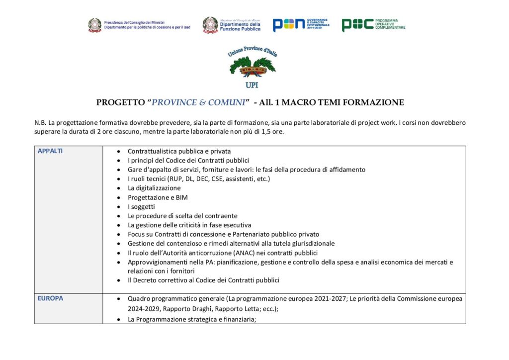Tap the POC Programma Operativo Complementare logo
pos(373,24)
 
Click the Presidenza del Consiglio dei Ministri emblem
pos(95,25)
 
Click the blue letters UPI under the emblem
pos(252,85)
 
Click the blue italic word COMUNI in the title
pos(228,103)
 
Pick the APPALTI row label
pos(50,151)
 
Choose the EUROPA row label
pos(50,299)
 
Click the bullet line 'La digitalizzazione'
pos(154,188)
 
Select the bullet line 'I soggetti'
pos(141,206)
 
